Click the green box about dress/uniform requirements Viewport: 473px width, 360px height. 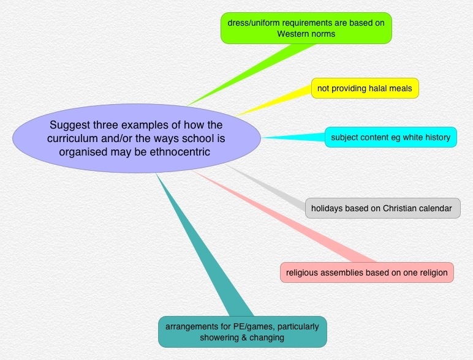click(x=306, y=28)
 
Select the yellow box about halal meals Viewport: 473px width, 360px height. click(x=365, y=89)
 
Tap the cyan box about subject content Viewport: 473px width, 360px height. click(x=390, y=137)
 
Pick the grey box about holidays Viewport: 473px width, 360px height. click(x=381, y=208)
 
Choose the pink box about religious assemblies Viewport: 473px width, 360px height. click(x=366, y=272)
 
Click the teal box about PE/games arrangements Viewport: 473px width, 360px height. click(x=242, y=332)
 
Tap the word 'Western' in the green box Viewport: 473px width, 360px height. click(x=292, y=34)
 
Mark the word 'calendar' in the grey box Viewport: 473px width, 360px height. click(x=436, y=208)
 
